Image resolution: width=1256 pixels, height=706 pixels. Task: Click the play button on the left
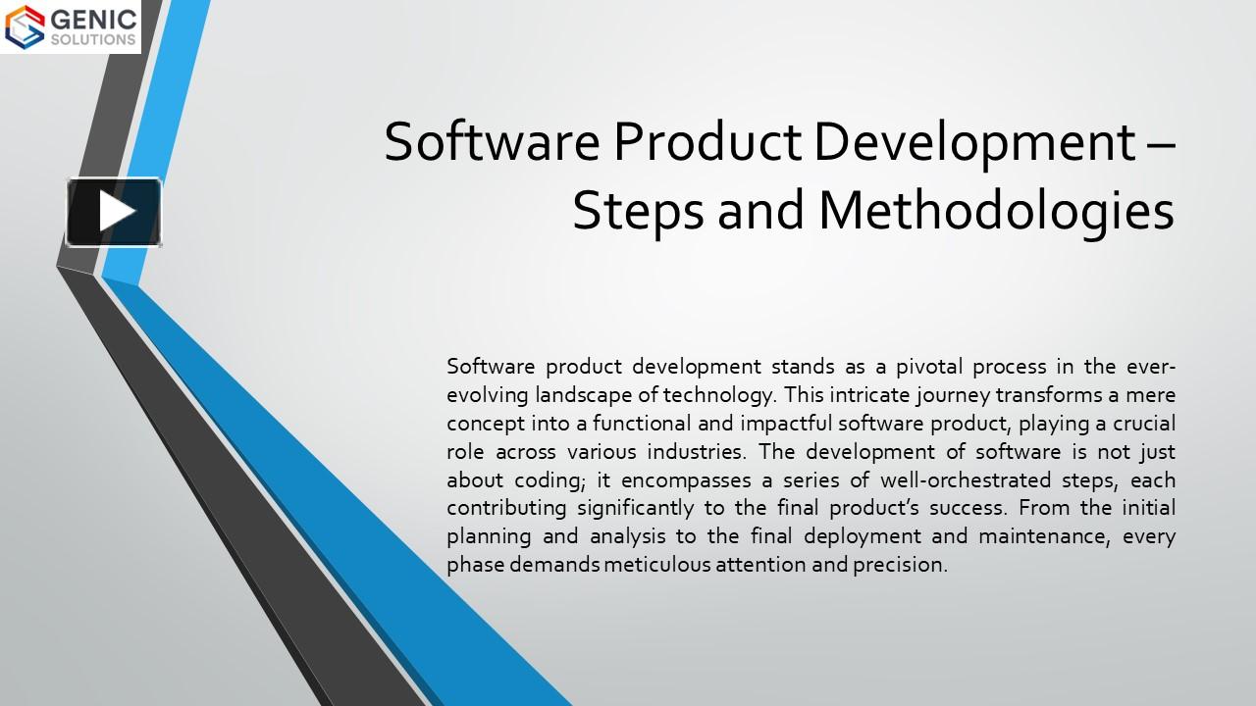coord(114,212)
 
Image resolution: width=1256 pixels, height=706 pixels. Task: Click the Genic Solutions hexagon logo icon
coord(25,26)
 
